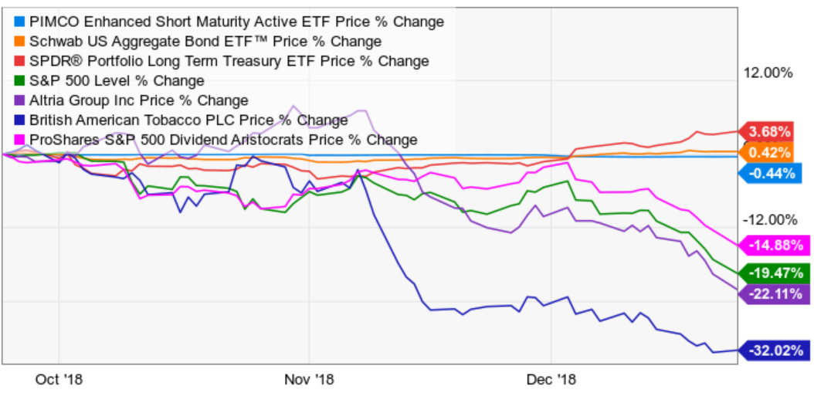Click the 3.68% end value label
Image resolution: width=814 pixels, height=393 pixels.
click(775, 130)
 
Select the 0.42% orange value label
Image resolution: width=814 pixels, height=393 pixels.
click(775, 152)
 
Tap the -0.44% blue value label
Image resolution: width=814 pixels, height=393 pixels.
click(775, 174)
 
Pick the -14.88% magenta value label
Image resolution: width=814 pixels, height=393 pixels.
click(775, 246)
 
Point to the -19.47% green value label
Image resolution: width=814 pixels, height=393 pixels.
click(775, 273)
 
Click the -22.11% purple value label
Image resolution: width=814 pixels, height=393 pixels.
click(775, 293)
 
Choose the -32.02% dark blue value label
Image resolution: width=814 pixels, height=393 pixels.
click(775, 351)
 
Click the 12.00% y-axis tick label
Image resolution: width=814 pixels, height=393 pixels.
click(768, 73)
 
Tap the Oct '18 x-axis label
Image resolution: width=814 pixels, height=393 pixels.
click(59, 379)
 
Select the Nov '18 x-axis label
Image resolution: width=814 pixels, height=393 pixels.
click(308, 379)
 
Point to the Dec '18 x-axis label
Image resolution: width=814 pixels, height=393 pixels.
click(551, 379)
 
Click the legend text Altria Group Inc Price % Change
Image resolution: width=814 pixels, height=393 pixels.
click(138, 100)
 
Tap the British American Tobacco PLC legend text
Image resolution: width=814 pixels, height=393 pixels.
click(188, 120)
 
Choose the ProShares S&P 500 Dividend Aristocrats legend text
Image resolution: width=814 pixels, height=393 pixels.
click(222, 140)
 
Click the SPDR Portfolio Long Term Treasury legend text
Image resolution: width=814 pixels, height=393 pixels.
click(228, 61)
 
